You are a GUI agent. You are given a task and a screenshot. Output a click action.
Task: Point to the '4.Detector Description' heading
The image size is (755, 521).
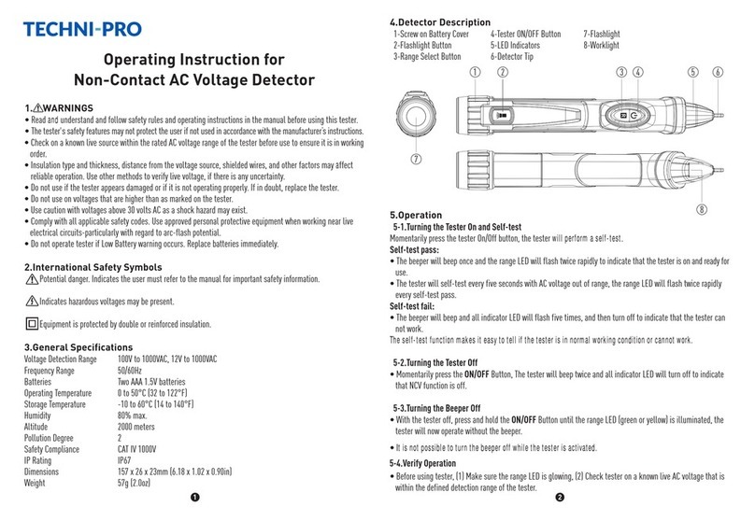[438, 21]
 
